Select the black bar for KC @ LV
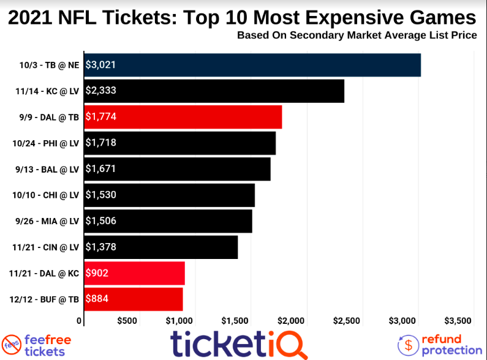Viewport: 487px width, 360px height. click(x=214, y=91)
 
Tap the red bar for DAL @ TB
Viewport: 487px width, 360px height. click(x=183, y=117)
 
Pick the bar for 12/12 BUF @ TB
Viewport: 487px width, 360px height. click(x=134, y=299)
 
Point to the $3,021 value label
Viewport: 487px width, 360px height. click(x=101, y=65)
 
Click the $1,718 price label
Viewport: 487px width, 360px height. click(x=101, y=143)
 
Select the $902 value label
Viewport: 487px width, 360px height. click(x=97, y=273)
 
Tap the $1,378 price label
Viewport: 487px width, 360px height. click(x=101, y=247)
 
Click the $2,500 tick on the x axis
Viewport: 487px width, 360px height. click(x=347, y=320)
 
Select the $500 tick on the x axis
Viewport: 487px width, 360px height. click(x=127, y=320)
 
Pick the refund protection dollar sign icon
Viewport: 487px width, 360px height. click(x=408, y=345)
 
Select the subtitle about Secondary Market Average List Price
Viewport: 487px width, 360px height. click(x=357, y=35)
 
